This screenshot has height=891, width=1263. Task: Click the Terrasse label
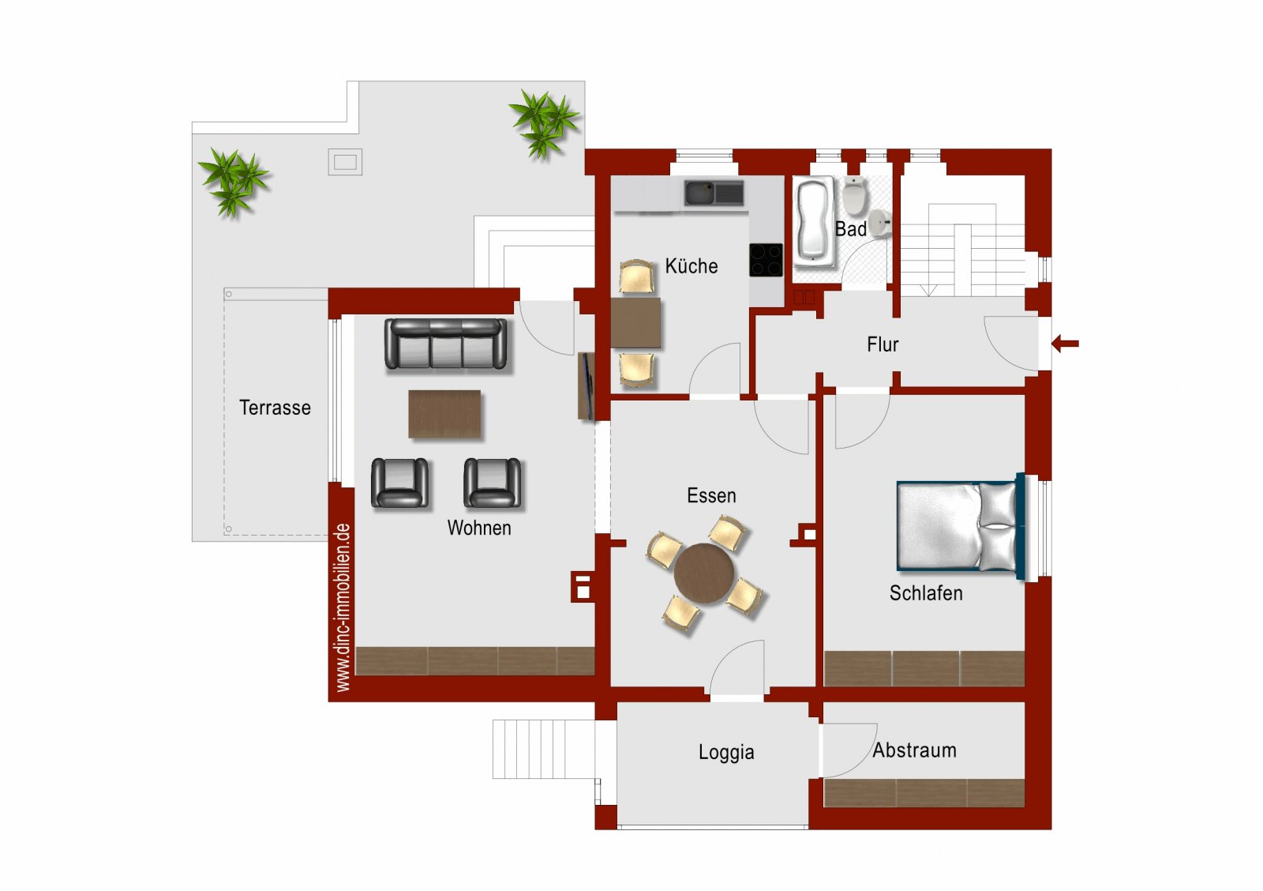click(275, 408)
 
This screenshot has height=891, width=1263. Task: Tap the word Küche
click(691, 265)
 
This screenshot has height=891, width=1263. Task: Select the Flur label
click(883, 344)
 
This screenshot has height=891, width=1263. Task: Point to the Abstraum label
click(915, 750)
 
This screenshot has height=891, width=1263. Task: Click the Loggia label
click(726, 752)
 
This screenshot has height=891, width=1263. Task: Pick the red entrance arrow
click(1065, 343)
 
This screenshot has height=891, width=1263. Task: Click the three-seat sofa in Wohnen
click(445, 344)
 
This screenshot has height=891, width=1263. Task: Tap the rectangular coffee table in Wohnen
click(444, 414)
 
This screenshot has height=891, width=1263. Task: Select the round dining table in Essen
click(704, 573)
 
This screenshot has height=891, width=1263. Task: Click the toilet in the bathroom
click(855, 195)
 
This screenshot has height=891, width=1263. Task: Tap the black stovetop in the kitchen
click(766, 260)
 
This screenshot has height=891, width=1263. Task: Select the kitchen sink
click(714, 193)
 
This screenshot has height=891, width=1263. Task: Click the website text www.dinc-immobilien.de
click(343, 607)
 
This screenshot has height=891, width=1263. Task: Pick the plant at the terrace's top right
click(544, 123)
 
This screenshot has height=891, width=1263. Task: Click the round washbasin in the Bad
click(879, 222)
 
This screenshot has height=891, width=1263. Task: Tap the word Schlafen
click(926, 593)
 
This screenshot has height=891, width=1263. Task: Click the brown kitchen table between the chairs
click(635, 323)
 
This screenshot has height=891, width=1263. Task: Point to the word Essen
click(711, 495)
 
